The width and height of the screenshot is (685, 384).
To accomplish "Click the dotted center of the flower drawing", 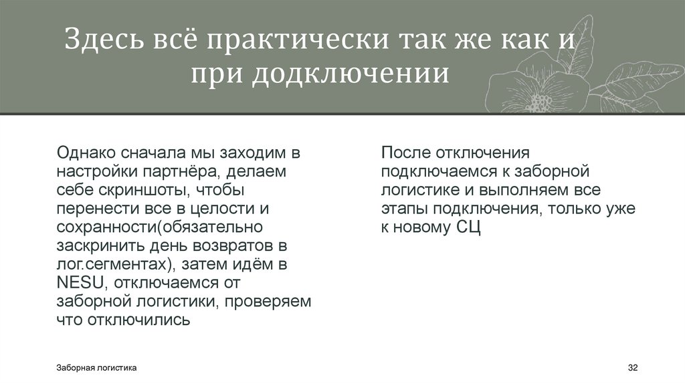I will point(539,102).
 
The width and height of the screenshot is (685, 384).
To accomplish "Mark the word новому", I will point(424,227).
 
